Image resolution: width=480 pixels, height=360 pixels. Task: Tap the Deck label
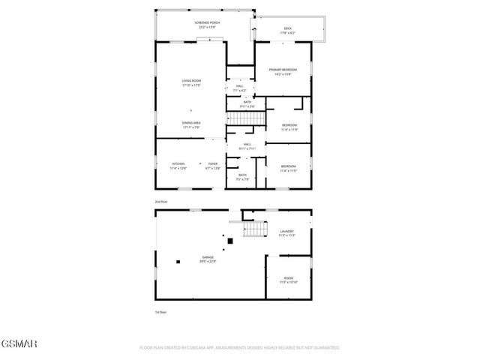coord(288,31)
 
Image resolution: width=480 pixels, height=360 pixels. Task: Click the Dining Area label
coord(191,124)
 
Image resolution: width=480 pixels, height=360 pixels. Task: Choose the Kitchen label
coord(178,165)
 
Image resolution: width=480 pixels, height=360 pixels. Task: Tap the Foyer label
coord(213,165)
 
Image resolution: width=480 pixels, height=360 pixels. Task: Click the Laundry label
coord(286,232)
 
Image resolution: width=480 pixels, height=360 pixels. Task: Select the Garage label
coord(207,259)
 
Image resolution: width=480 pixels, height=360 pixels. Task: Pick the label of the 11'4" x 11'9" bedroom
coord(289,127)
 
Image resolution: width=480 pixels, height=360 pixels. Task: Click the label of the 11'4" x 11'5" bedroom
coord(289,168)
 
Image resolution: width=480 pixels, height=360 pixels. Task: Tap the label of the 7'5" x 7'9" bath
coord(243,177)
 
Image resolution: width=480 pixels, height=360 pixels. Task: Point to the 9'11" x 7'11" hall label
coord(247,146)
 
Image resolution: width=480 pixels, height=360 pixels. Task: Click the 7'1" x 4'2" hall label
coord(240,88)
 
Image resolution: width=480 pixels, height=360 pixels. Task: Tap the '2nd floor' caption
coord(160,202)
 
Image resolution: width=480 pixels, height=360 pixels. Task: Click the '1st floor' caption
coord(159,311)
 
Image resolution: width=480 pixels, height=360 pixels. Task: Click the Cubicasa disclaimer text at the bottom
coord(240,348)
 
